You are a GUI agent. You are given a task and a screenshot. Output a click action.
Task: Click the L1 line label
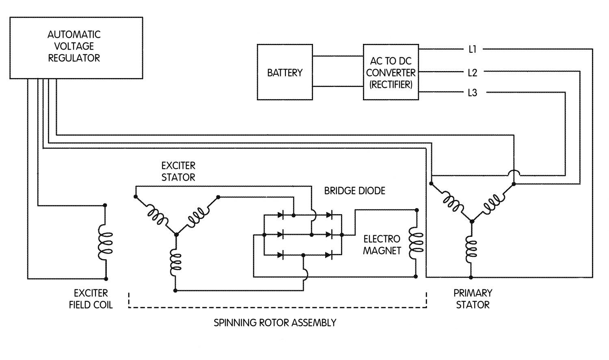(x=473, y=49)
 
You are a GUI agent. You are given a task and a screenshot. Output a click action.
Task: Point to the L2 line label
(x=473, y=73)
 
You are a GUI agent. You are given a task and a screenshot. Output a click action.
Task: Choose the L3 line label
(x=473, y=93)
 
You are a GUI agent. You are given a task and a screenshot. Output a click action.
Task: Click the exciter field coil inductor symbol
(x=105, y=243)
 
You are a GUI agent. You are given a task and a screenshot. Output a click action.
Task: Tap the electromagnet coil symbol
(x=416, y=243)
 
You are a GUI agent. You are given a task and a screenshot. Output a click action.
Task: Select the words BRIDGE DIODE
(x=354, y=191)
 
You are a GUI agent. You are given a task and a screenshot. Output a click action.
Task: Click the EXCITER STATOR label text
(x=178, y=171)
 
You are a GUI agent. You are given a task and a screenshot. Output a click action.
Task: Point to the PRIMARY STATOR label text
(x=473, y=299)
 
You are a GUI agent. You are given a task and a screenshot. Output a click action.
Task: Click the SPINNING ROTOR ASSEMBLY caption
(x=275, y=323)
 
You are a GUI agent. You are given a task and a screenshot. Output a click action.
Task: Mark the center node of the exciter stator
(x=176, y=234)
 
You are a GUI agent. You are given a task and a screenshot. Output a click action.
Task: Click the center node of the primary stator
(x=472, y=221)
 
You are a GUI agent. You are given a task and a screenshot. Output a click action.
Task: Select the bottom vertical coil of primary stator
(x=471, y=249)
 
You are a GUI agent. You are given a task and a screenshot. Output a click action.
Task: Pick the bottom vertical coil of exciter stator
(x=176, y=263)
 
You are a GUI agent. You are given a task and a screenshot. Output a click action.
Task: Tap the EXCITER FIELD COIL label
(x=91, y=299)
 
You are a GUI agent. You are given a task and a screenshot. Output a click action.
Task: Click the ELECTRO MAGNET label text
(x=382, y=245)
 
